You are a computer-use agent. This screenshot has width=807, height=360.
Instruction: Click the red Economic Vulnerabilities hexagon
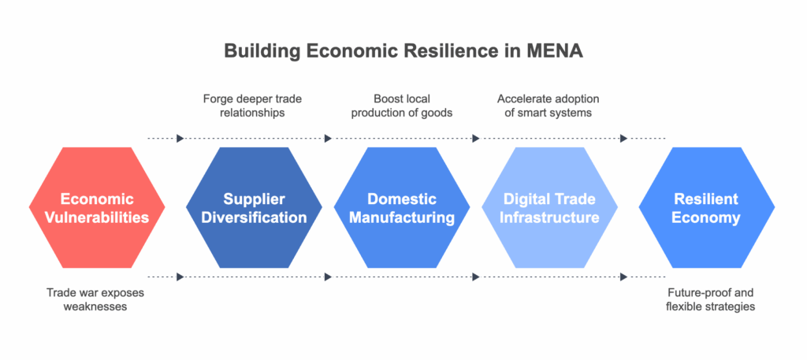97,207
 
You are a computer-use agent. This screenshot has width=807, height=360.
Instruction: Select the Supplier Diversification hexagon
254,207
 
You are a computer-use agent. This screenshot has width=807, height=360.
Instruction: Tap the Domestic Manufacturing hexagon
401,207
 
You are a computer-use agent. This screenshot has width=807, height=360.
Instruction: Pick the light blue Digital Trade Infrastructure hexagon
549,207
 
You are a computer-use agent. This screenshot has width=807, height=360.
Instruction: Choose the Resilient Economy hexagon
707,207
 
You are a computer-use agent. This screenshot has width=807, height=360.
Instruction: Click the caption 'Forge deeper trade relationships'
252,106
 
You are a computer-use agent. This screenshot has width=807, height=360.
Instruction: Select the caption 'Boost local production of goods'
401,106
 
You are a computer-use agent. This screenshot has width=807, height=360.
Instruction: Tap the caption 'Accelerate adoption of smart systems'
549,106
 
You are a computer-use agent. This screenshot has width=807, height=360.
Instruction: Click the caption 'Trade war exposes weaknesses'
95,299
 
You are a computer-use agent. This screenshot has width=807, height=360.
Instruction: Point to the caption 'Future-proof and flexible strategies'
710,299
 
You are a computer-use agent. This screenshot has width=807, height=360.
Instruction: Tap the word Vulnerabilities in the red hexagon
97,217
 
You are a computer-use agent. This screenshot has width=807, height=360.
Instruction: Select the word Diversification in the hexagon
254,217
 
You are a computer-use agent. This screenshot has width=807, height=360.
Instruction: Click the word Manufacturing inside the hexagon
401,217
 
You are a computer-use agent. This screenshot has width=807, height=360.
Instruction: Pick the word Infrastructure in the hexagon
549,217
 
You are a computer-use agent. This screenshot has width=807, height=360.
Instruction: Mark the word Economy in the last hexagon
707,217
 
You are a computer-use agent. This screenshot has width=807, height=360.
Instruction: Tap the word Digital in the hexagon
524,199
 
